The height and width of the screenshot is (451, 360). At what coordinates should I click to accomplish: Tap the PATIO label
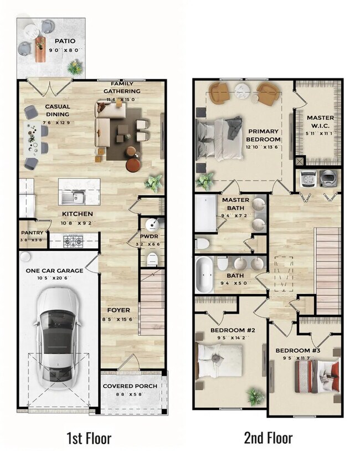coord(65,41)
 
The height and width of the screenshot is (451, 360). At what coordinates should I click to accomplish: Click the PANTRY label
coord(32,233)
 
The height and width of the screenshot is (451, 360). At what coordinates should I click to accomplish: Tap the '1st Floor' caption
coord(89,438)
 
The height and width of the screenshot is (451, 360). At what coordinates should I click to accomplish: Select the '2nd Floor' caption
coord(268,438)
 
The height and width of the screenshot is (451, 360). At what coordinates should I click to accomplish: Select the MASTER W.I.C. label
coord(320,121)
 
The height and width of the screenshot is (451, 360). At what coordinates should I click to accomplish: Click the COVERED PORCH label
coord(130,386)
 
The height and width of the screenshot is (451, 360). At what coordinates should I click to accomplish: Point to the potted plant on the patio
coord(74,67)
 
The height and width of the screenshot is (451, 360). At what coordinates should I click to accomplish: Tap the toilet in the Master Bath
coord(203,242)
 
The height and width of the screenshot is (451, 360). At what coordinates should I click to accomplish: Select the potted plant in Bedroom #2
coord(255,396)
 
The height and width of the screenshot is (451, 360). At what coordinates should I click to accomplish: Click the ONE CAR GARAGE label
coord(55,270)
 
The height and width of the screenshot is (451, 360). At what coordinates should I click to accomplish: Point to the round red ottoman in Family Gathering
coord(133,165)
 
